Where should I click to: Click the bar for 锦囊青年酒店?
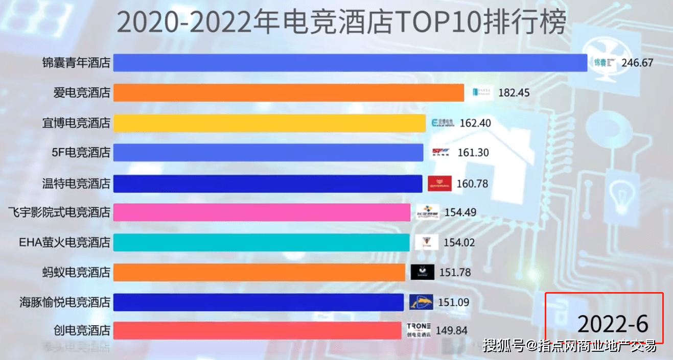coord(350,63)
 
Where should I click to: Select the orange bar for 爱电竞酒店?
coord(288,93)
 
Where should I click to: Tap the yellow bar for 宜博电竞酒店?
coord(269,123)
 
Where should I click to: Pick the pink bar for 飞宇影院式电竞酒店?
coord(261,212)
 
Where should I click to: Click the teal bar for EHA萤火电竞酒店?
coord(261,242)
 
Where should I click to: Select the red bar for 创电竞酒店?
coord(257,330)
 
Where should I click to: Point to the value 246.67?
coord(637,63)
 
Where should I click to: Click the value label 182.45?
coord(514,93)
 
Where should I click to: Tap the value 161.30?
coord(473,153)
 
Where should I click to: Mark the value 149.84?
coord(451,331)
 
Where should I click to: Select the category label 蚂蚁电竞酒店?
coord(76,272)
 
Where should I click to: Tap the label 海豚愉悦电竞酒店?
coord(65,302)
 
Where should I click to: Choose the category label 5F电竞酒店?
coord(82,153)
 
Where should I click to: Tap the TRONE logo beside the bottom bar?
coord(419,330)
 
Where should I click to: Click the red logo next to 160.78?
coord(439,183)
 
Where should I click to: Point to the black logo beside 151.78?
coord(423,272)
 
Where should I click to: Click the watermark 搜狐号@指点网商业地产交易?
coord(570,346)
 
